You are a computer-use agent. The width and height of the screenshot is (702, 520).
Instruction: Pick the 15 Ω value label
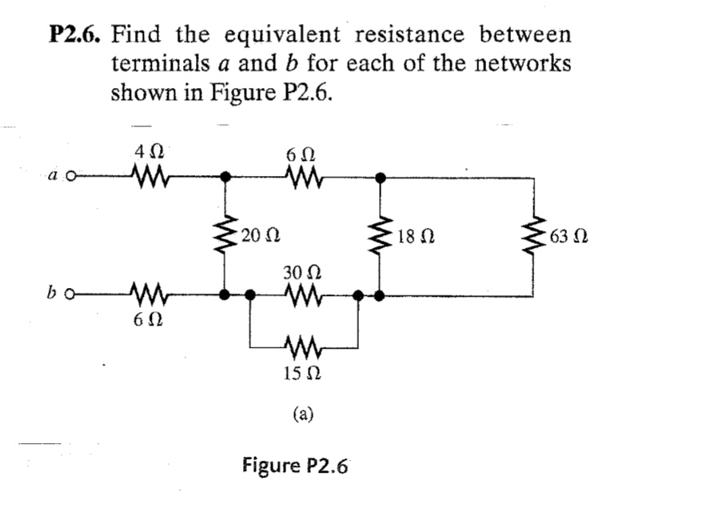coord(303,374)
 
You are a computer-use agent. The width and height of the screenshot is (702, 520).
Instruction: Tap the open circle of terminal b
coord(71,297)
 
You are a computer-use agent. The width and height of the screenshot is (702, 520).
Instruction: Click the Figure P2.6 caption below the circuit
coord(295,466)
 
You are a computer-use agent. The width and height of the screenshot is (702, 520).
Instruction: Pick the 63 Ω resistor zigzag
coord(535,236)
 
